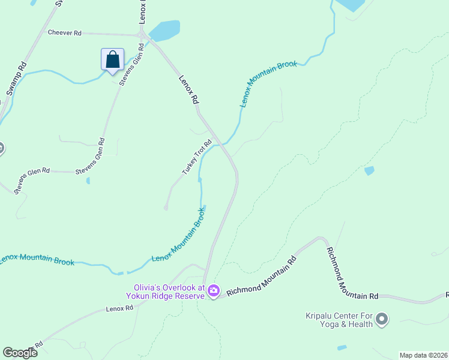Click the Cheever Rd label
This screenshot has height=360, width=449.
pos(64,33)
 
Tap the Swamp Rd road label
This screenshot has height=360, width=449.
pos(17,77)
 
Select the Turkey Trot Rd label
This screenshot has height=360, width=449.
pos(197,157)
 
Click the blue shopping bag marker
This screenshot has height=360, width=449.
pos(112,60)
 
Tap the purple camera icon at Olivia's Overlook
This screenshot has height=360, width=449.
pos(214,292)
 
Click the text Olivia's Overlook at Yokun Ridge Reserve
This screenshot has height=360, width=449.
pos(165,291)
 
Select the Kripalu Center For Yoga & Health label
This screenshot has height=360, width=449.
pos(339,320)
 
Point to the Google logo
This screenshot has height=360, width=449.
pos(20,353)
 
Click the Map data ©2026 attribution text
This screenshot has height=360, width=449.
pos(423,355)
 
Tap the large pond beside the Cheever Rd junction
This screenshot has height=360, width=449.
pos(165,29)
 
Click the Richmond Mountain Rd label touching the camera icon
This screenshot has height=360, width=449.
pos(262,280)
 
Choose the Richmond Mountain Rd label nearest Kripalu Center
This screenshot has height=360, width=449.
pos(352,274)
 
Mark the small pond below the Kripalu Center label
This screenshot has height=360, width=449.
pos(342,347)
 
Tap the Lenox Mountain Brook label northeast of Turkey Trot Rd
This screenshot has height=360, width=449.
pos(268,83)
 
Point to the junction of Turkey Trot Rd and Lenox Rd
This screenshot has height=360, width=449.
pos(221,142)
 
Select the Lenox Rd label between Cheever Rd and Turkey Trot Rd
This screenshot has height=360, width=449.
pos(188,90)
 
